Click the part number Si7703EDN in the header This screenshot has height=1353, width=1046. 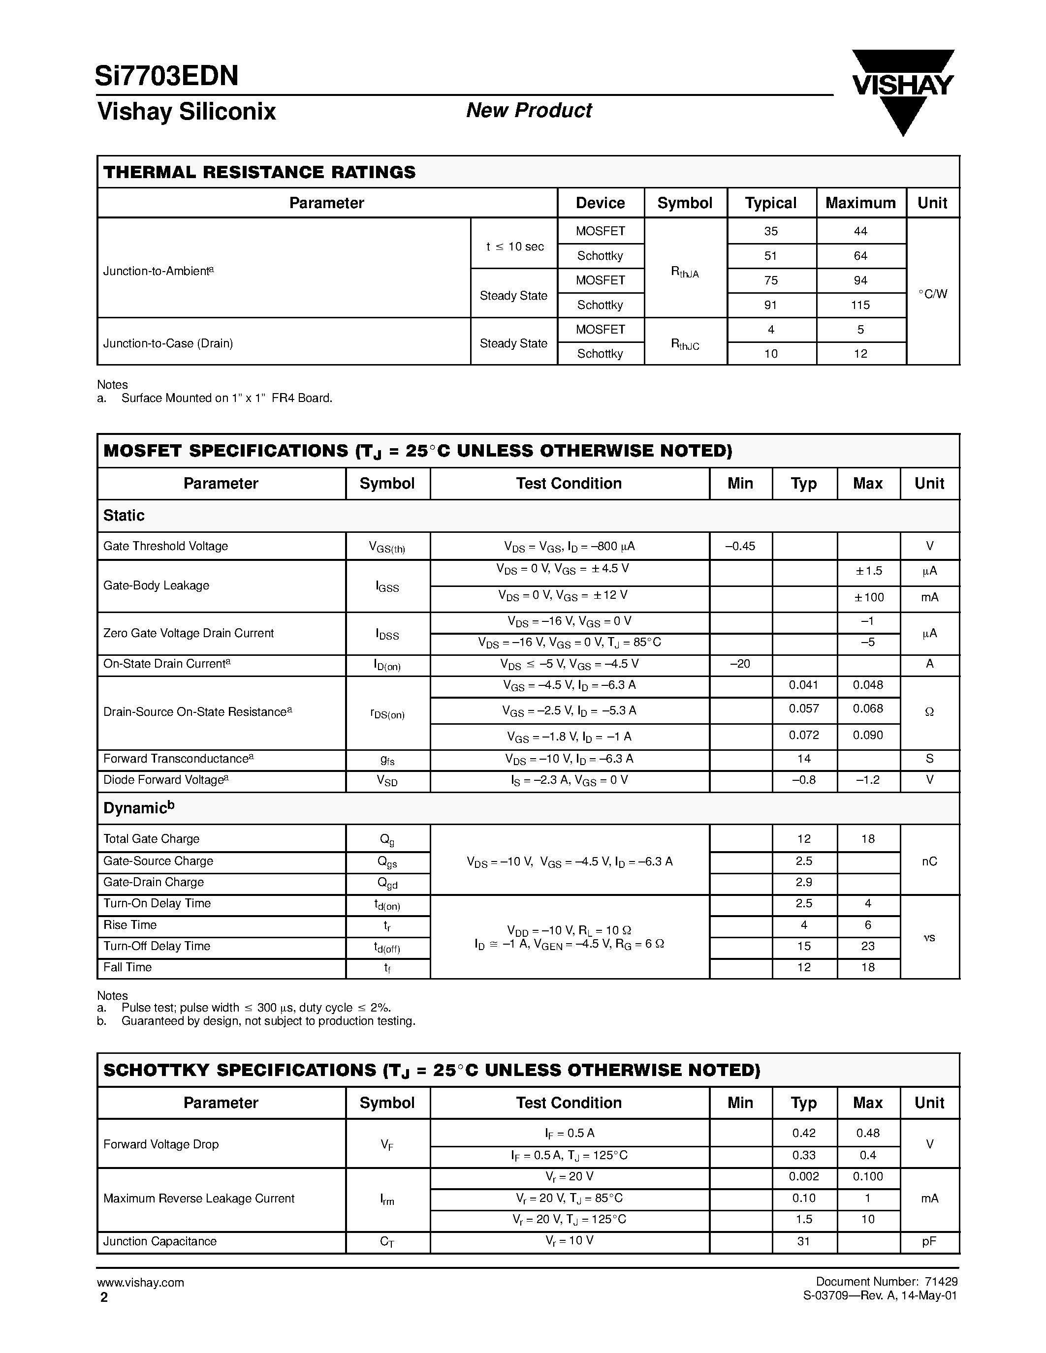tap(167, 76)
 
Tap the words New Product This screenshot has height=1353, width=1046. tap(529, 110)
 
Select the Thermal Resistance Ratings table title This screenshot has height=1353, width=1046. tap(259, 172)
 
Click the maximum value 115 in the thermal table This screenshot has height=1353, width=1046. tap(860, 305)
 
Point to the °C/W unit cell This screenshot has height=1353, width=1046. tap(932, 294)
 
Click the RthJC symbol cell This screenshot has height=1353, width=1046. tap(685, 344)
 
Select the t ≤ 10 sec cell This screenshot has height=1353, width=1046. tap(514, 246)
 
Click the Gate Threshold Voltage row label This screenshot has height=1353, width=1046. tap(165, 546)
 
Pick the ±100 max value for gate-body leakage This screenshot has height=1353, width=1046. tap(867, 597)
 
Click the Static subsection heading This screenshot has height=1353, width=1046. tap(124, 516)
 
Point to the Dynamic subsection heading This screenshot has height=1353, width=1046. tap(139, 808)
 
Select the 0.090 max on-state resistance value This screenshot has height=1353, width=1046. tap(867, 736)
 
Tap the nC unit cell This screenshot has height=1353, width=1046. tap(929, 861)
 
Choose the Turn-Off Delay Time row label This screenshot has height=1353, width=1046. tap(157, 946)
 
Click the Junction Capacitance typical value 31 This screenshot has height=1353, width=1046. tap(804, 1241)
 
